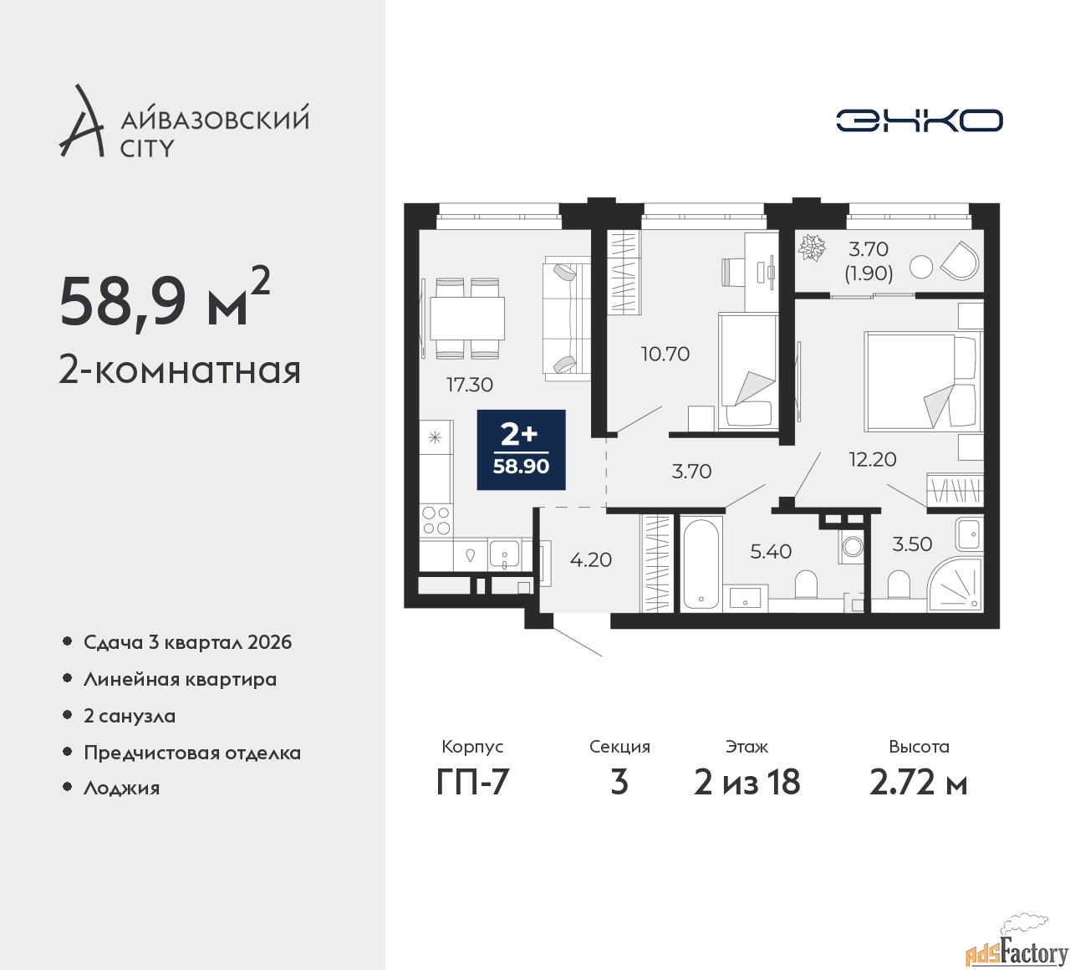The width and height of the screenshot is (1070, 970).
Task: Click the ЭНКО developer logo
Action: coord(919,120)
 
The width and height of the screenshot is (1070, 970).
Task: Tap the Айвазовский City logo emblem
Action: coord(82,122)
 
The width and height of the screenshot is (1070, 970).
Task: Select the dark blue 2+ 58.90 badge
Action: coord(521,449)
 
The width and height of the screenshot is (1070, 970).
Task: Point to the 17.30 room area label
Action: coord(469,385)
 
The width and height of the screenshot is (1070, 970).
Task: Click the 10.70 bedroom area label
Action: coord(665,354)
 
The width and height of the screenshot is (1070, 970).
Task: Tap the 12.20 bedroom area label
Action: coord(872,458)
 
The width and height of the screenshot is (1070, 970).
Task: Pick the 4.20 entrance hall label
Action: coord(591,559)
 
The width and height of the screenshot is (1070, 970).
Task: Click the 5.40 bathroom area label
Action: coord(770,551)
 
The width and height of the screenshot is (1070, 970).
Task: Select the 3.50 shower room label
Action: coord(912,544)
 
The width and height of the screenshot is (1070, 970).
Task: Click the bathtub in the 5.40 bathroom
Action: coord(701,564)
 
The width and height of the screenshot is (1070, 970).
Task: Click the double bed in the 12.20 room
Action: coord(920,381)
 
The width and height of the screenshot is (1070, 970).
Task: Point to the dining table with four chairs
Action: coord(466,318)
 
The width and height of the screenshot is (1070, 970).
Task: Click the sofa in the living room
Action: coord(567,318)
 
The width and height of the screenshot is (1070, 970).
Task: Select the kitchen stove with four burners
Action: coord(436,520)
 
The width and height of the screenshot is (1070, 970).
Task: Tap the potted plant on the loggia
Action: coord(811,248)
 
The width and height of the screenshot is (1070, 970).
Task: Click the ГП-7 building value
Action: coord(472,783)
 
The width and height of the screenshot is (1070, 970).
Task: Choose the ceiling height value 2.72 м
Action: coord(918,783)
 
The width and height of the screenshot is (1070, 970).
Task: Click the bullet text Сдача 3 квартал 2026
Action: coord(187,642)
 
